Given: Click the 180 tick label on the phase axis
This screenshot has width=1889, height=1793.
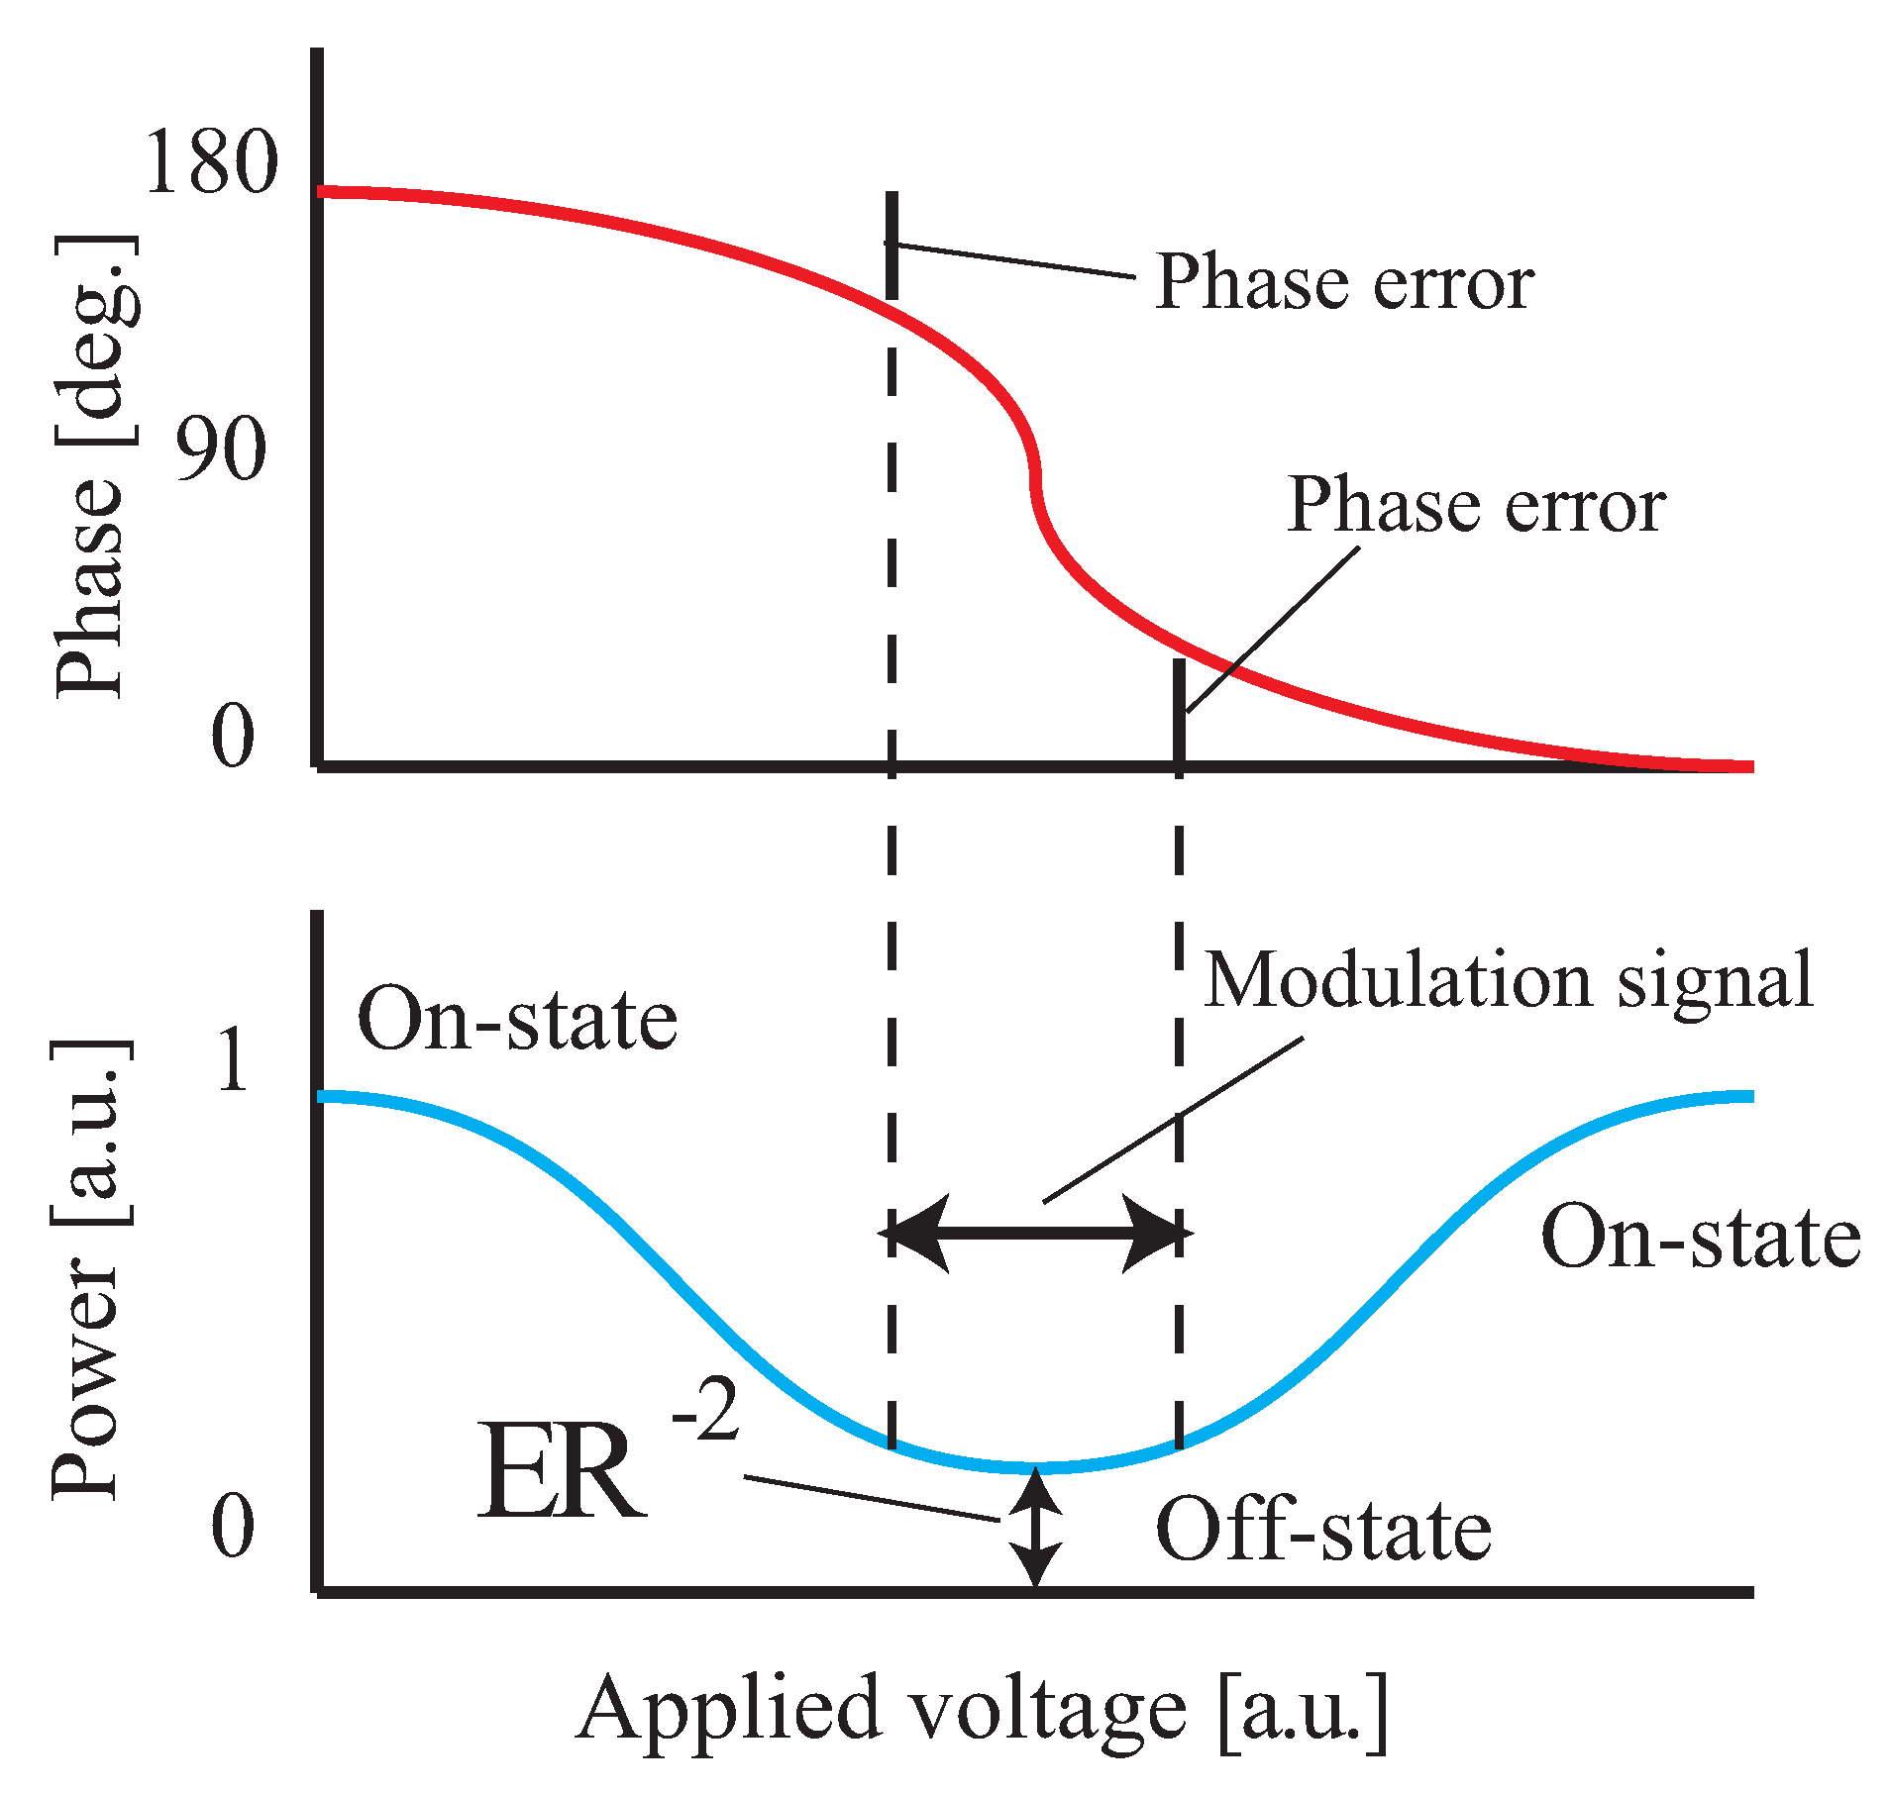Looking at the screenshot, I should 211,162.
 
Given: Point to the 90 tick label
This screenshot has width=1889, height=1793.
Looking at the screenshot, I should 221,448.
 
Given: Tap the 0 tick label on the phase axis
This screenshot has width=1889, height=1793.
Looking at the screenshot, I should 233,737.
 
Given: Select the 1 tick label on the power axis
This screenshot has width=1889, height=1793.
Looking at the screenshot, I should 234,1060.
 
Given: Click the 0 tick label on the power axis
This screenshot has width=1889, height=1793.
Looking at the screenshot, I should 233,1526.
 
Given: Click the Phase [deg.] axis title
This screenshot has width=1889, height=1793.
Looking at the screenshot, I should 96,465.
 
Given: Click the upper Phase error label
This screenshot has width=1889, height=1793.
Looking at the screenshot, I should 1344,283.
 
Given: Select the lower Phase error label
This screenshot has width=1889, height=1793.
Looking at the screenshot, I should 1476,506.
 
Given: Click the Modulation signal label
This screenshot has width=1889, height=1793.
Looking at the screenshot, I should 1509,980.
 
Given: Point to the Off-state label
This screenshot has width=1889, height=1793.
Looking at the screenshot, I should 1323,1531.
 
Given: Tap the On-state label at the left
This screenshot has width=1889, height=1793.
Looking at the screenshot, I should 517,1020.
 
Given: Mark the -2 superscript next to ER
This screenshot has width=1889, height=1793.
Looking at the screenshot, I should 705,1411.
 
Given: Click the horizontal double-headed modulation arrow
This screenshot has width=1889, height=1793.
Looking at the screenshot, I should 1036,1233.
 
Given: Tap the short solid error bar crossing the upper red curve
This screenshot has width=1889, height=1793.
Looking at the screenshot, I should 892,246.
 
